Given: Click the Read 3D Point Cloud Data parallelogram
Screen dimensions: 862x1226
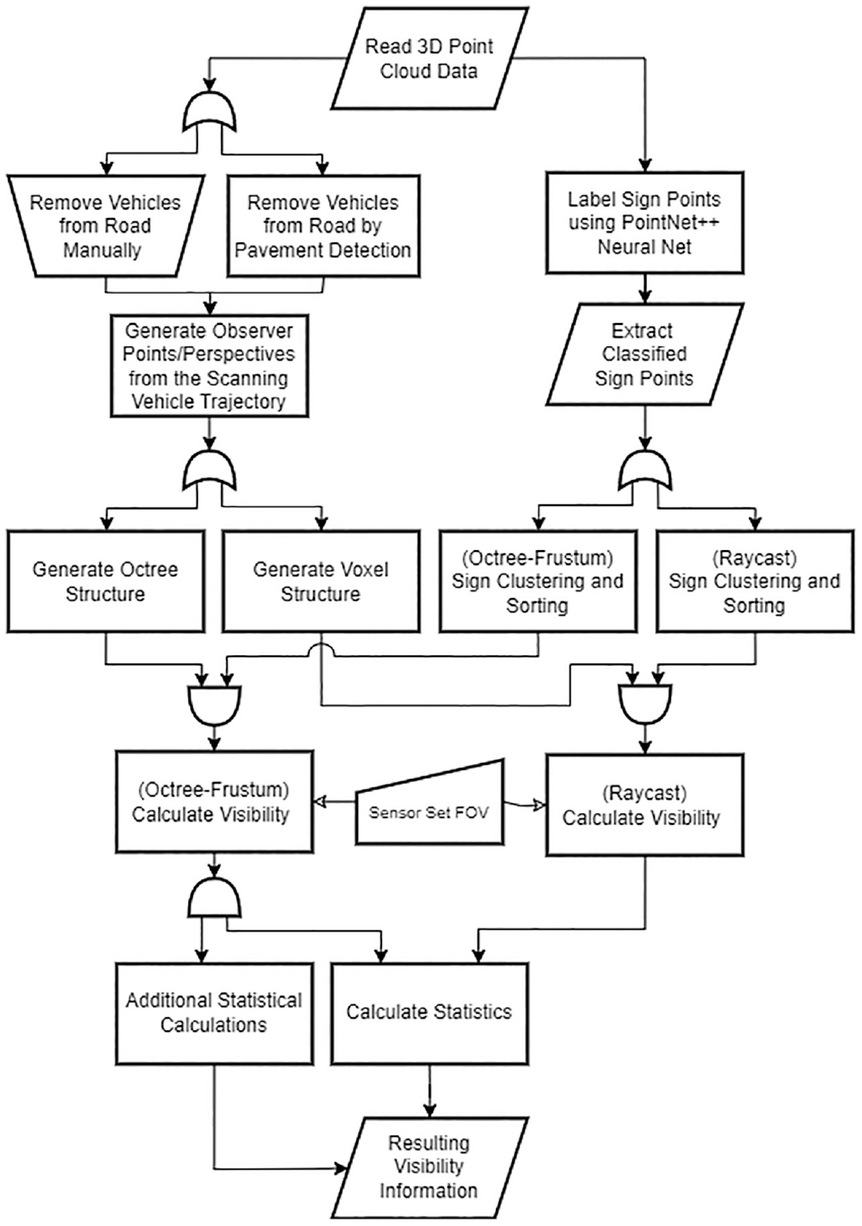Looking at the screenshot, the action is (430, 57).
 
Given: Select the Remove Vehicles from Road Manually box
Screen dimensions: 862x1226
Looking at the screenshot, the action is (106, 225).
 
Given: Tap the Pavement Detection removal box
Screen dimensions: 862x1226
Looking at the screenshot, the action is (323, 225).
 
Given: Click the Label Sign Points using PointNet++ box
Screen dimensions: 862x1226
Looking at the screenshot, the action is (645, 223).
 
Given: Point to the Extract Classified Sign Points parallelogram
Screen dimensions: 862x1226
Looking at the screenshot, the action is (645, 355).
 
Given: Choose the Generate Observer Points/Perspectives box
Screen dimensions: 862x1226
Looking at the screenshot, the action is (210, 365).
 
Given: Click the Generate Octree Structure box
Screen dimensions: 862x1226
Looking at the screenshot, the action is (106, 581).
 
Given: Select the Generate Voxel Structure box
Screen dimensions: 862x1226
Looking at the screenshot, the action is (322, 581).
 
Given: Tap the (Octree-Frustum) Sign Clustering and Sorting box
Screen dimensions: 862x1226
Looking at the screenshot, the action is (538, 581).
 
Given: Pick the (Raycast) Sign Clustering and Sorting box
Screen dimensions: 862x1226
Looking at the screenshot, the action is (754, 581).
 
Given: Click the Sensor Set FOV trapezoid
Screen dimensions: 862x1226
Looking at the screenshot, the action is (430, 803).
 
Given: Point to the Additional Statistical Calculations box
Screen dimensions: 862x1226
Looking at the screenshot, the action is (214, 1013).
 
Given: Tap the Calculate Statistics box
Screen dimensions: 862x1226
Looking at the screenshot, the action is (430, 1013).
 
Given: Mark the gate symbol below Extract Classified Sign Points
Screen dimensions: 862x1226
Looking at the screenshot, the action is (647, 469).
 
